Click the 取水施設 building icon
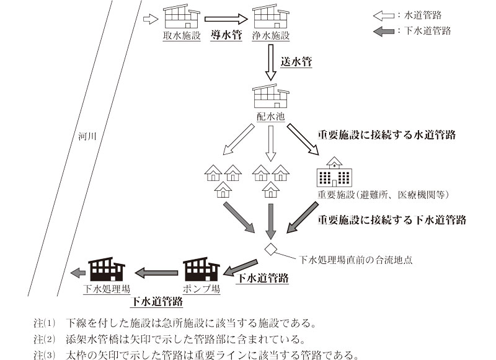pos(181,18)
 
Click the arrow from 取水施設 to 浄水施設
pos(226,19)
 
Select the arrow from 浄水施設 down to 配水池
pos(271,62)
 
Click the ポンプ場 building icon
pos(202,270)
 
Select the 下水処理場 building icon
pos(107,270)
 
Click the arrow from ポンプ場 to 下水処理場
pos(154,271)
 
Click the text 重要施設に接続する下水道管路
pos(392,219)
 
